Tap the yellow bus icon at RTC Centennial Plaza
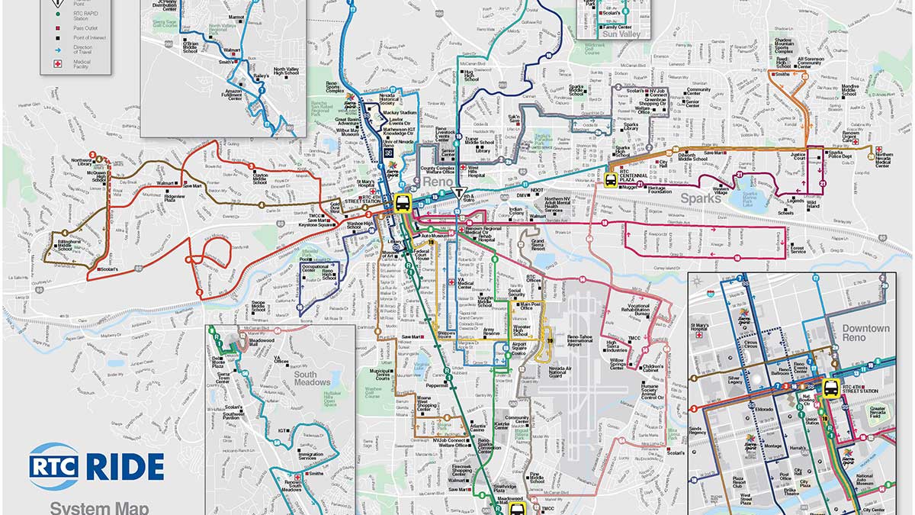click(610, 180)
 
